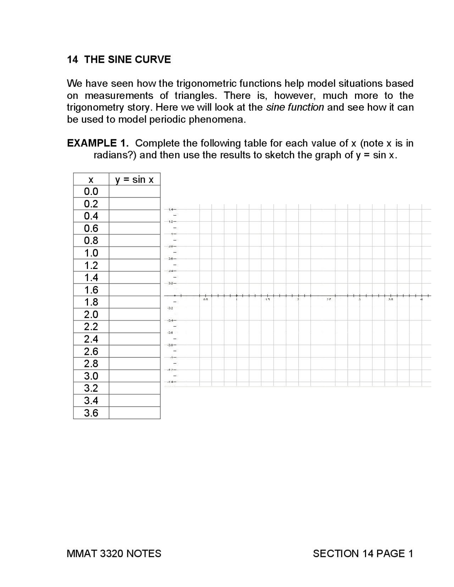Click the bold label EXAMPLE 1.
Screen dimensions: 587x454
(98, 143)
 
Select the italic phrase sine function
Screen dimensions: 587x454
(295, 107)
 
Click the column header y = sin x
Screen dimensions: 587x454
(134, 179)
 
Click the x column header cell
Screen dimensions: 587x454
(91, 179)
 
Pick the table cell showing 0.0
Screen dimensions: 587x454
(91, 191)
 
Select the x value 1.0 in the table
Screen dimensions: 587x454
(91, 253)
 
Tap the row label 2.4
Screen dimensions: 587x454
(91, 339)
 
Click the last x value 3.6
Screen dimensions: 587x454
(91, 413)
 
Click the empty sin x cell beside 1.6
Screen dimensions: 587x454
(134, 290)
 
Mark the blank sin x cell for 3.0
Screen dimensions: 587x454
(134, 376)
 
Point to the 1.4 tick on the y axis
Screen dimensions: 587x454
(171, 209)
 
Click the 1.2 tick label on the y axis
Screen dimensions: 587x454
(171, 222)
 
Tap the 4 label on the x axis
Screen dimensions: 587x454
(421, 300)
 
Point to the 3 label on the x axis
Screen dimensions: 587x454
(360, 300)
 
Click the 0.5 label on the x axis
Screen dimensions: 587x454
(205, 300)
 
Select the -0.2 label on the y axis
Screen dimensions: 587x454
(170, 308)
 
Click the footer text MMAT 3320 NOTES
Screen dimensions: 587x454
(114, 554)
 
